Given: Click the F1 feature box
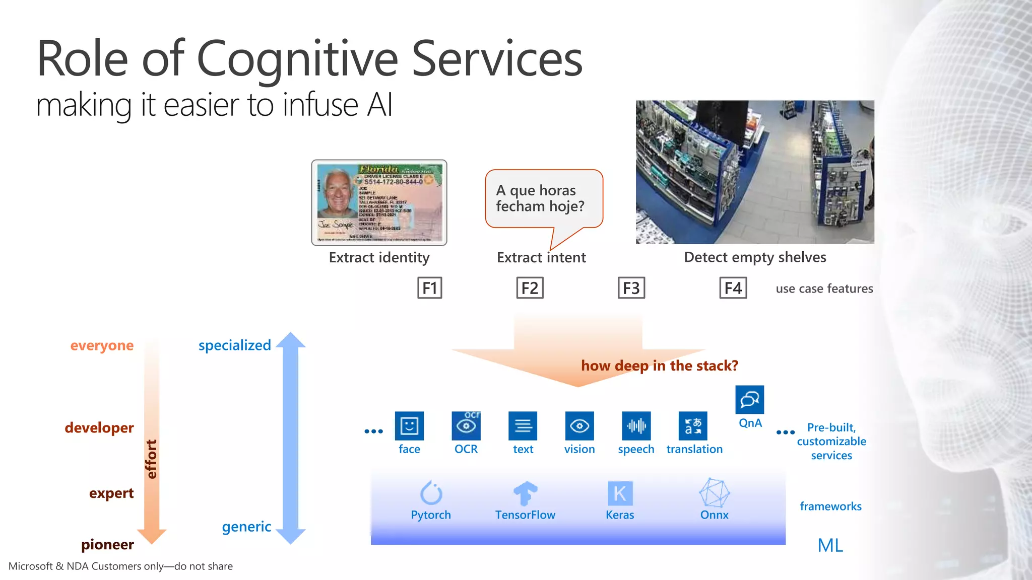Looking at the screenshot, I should click(x=429, y=288).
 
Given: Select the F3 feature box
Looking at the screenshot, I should click(x=631, y=288).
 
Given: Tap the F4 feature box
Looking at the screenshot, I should click(x=733, y=288).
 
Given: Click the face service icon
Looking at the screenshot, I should click(x=409, y=426).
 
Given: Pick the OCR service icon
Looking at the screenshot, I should click(x=466, y=426).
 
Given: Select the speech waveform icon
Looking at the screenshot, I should click(x=636, y=426).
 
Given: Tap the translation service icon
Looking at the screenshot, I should click(x=693, y=426).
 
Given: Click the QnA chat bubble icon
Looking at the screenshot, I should click(x=749, y=400).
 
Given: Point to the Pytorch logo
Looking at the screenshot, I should click(x=431, y=493).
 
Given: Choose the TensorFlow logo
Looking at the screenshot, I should click(x=525, y=493).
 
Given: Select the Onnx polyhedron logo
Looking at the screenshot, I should click(x=714, y=493).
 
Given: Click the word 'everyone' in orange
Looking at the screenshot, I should click(x=102, y=345).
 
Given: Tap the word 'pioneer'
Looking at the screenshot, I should click(x=107, y=544).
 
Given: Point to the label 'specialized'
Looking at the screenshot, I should click(x=234, y=345).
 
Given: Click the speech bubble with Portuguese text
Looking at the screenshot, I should click(x=543, y=199).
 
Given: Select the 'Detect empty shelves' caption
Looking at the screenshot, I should click(x=755, y=257).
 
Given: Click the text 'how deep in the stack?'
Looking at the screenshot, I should click(x=659, y=366).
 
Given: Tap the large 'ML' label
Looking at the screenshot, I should click(x=830, y=545).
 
